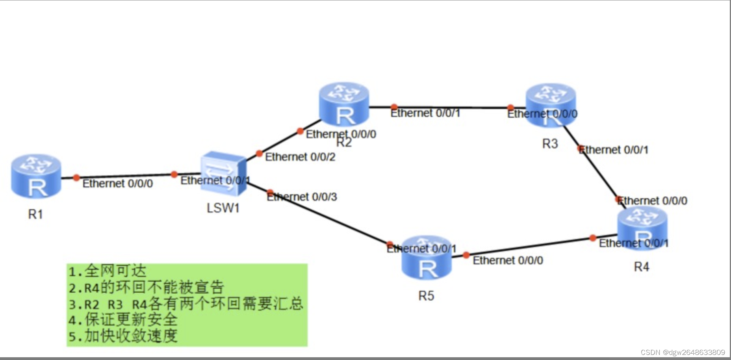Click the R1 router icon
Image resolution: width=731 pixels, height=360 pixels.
(x=36, y=176)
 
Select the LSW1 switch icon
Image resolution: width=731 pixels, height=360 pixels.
(x=223, y=173)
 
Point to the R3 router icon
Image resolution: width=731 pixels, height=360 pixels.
(x=550, y=105)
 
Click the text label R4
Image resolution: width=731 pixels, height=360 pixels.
(x=641, y=267)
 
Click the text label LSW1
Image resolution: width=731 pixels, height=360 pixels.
(x=223, y=208)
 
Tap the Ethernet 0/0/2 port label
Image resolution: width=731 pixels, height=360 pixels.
(x=300, y=157)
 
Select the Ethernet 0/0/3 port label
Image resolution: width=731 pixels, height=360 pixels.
(x=302, y=197)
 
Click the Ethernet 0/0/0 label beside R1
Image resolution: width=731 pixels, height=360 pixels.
(x=117, y=184)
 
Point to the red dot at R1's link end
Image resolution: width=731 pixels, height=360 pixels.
(x=76, y=178)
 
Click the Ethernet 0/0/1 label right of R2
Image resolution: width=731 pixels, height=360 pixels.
(x=425, y=113)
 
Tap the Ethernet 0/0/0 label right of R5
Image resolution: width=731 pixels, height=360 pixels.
(x=508, y=261)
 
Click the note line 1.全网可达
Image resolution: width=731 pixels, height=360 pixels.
(x=107, y=271)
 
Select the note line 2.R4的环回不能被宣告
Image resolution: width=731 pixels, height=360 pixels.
(x=146, y=288)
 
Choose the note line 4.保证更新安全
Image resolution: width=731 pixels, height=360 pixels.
(x=122, y=319)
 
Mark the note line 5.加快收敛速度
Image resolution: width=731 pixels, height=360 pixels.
(x=122, y=336)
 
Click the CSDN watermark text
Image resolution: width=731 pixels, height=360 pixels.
(x=683, y=353)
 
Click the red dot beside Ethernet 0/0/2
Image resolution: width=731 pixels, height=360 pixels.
(x=259, y=154)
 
